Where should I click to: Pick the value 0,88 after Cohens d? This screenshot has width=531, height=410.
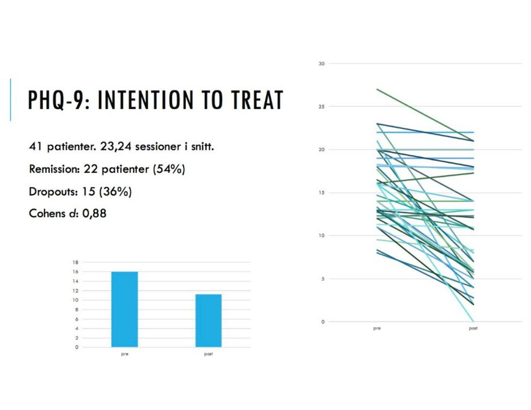point(94,214)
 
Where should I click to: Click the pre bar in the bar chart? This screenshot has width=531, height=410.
point(124,309)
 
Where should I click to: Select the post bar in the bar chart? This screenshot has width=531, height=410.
point(208,320)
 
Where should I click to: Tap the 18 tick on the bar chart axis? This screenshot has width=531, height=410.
point(76,262)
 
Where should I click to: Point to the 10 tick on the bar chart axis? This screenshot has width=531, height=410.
point(76,300)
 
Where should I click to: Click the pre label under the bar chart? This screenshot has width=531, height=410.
point(124,354)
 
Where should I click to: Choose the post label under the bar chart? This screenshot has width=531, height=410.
point(208,354)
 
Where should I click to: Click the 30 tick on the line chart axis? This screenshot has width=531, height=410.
point(321,64)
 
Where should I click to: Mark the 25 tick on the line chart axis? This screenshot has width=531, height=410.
point(321,107)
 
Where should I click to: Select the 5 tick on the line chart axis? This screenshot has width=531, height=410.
point(323,279)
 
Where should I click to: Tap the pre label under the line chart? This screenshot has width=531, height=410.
point(377,329)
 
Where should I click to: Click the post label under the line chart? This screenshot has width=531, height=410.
point(473,329)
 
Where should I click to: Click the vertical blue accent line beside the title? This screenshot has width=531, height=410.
point(10,100)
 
